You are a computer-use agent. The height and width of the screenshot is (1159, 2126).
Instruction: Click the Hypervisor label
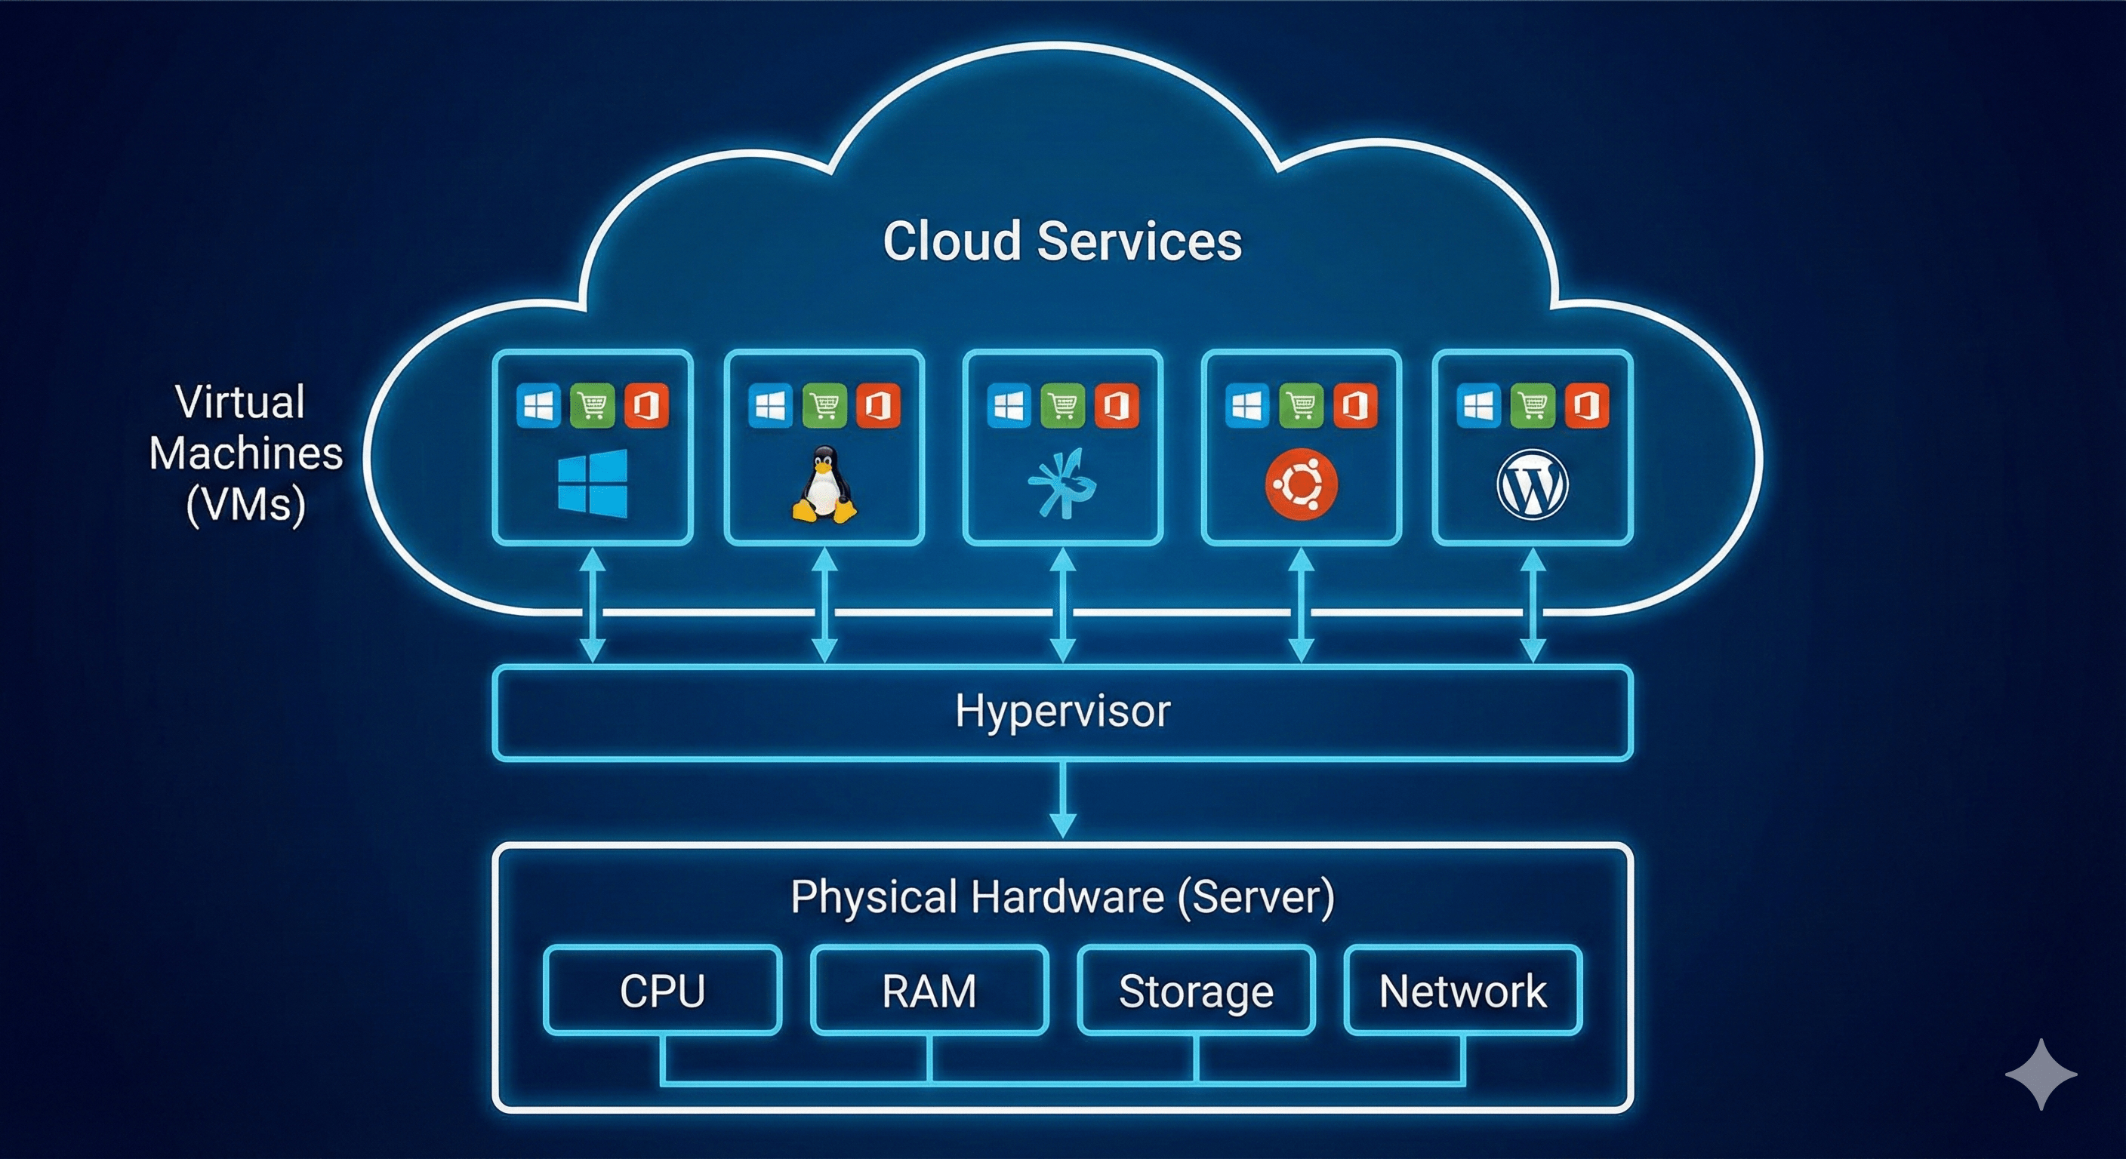click(x=1062, y=711)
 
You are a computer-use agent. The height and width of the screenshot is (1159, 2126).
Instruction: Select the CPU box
click(x=662, y=990)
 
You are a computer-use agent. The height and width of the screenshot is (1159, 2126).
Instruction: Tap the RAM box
click(x=929, y=990)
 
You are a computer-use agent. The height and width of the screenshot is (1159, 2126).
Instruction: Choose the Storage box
click(x=1196, y=990)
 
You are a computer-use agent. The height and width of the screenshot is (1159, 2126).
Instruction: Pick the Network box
click(x=1462, y=990)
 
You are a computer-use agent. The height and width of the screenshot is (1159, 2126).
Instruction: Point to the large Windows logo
click(x=593, y=484)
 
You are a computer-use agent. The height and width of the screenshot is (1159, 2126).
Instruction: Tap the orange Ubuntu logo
click(x=1302, y=484)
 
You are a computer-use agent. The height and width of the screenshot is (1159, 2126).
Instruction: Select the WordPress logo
click(x=1533, y=484)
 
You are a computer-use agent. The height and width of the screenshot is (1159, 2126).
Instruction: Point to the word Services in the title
click(x=1139, y=241)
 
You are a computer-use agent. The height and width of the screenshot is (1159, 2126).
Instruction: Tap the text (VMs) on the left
click(x=246, y=504)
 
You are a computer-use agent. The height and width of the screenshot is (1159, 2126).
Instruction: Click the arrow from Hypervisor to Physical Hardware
click(x=1062, y=798)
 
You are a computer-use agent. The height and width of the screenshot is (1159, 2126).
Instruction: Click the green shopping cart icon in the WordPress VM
click(x=1533, y=405)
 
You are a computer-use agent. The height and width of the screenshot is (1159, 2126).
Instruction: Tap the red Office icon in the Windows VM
click(x=646, y=405)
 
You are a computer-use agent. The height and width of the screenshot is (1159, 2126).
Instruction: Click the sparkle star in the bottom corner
click(x=2041, y=1073)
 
